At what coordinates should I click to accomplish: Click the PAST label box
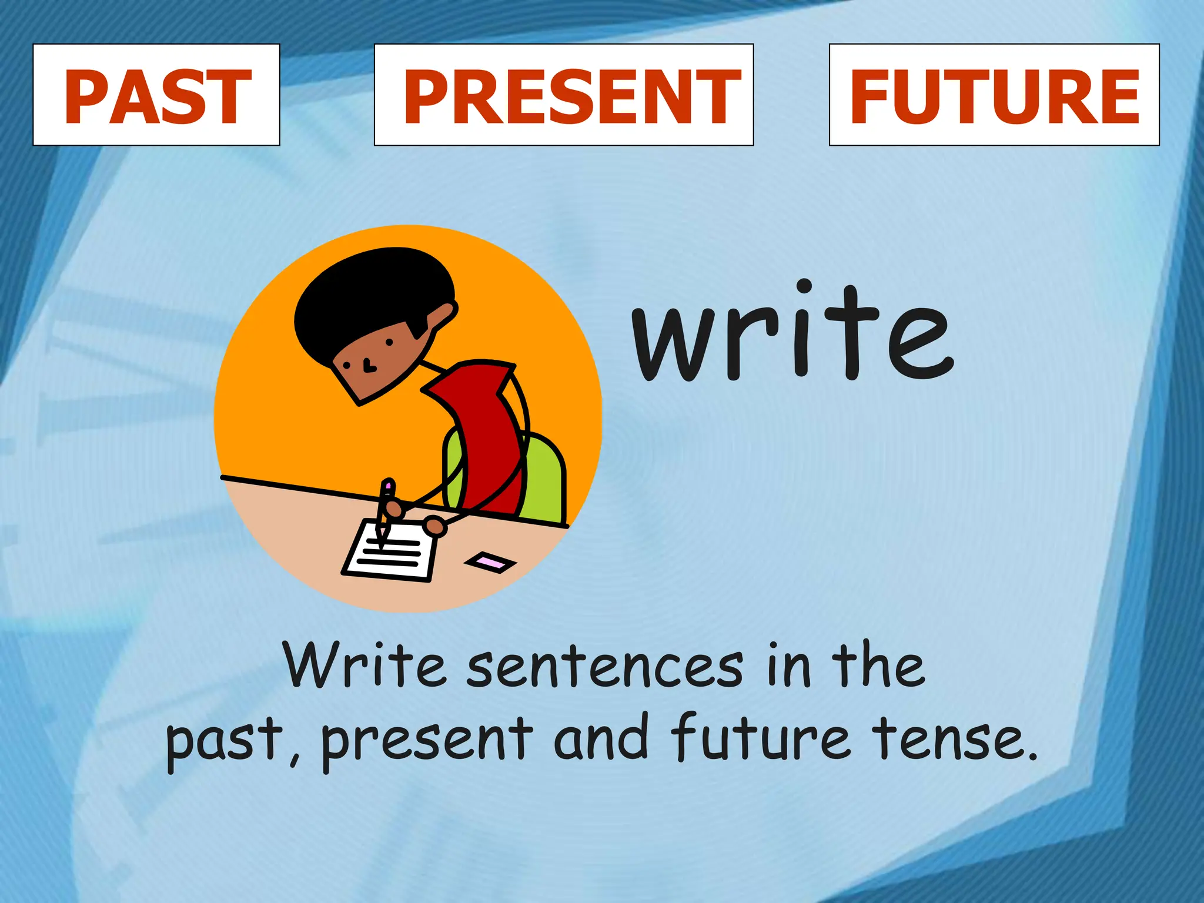(156, 95)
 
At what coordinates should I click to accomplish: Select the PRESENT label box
(564, 95)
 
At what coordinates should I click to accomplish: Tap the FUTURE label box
(994, 95)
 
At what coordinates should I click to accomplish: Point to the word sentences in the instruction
(605, 667)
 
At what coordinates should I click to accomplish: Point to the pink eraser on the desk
(490, 563)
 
